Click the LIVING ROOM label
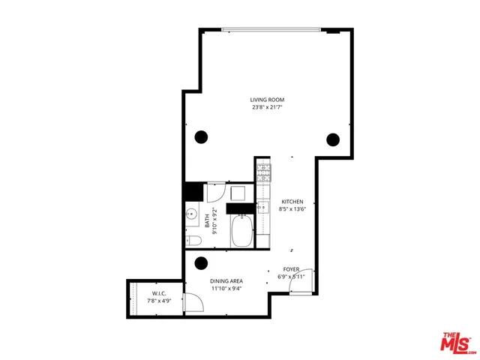[x=267, y=100]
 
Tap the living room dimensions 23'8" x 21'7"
[x=267, y=108]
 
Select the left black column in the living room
[x=201, y=137]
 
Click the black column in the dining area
[x=201, y=263]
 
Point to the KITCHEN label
[x=292, y=202]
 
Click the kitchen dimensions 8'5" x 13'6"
[x=292, y=211]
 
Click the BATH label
[x=208, y=220]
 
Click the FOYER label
[x=292, y=269]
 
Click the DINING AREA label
[x=226, y=281]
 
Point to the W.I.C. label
[x=158, y=292]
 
